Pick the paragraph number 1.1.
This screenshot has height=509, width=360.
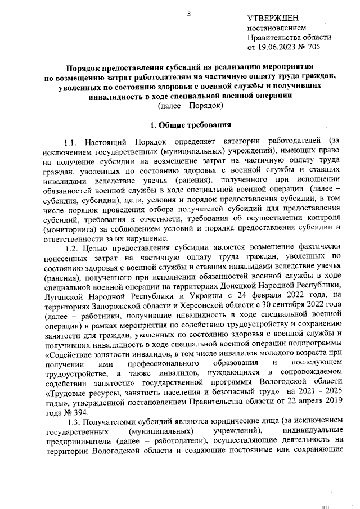74,141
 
